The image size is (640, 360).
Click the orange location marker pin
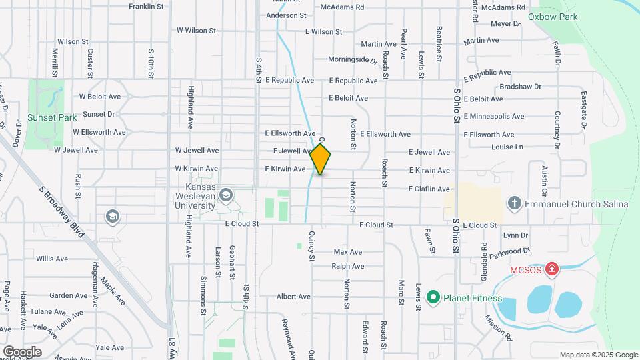click(321, 159)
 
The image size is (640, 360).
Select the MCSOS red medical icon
click(551, 269)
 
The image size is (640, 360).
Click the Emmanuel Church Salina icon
click(514, 203)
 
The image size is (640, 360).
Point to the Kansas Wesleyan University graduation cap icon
click(226, 195)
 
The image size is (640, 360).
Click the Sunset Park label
click(43, 117)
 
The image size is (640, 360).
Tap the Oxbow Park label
click(552, 16)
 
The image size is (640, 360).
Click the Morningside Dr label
click(353, 59)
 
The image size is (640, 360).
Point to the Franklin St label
click(146, 7)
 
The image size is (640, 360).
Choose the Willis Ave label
click(52, 259)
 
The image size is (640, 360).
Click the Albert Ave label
click(294, 297)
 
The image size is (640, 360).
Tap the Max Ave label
click(347, 252)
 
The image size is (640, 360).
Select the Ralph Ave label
click(347, 266)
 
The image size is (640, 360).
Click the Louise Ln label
click(507, 147)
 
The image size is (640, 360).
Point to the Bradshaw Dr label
click(520, 87)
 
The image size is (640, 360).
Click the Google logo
click(22, 351)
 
